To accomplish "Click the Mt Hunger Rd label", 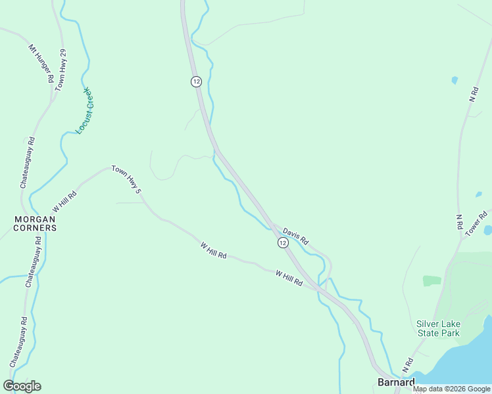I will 41,63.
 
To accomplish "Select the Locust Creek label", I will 86,111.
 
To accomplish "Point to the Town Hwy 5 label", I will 126,179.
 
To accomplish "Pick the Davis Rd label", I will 295,236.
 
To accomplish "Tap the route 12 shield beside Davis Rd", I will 282,243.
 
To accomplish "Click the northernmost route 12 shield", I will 196,81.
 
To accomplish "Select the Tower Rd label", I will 476,223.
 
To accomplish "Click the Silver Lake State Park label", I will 439,328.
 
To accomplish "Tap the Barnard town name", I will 396,382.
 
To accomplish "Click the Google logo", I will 22,386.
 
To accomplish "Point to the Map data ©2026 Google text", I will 451,389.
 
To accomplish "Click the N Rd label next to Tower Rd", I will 459,221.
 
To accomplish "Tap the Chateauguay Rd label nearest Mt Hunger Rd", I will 27,164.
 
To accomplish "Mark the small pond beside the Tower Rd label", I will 487,230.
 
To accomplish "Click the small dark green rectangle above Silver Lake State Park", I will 431,280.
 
